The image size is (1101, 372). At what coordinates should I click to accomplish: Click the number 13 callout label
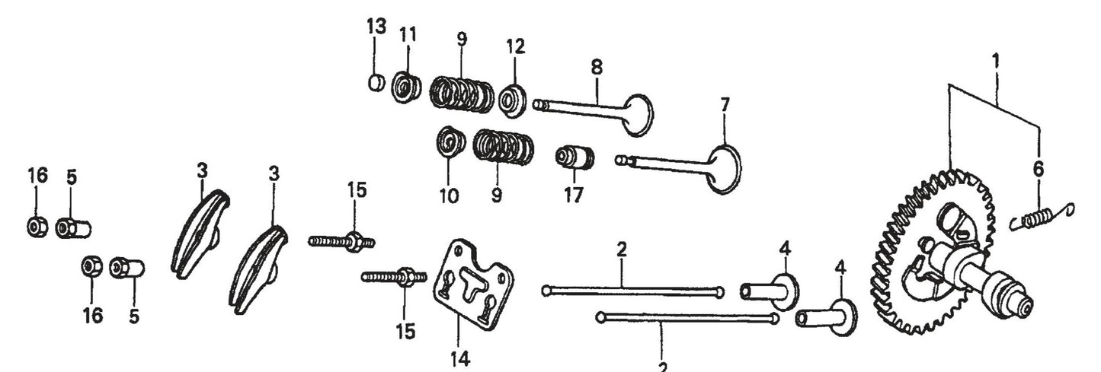[376, 27]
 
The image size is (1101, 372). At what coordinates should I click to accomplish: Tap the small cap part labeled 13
[375, 81]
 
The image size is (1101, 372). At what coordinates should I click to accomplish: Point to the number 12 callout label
[516, 46]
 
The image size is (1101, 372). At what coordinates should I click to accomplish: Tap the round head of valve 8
[639, 114]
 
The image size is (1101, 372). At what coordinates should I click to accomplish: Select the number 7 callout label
[725, 103]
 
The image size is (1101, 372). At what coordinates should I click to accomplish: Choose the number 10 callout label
[449, 196]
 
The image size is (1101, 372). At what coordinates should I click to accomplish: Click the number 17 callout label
[574, 196]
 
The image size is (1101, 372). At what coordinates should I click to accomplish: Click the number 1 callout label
[997, 58]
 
